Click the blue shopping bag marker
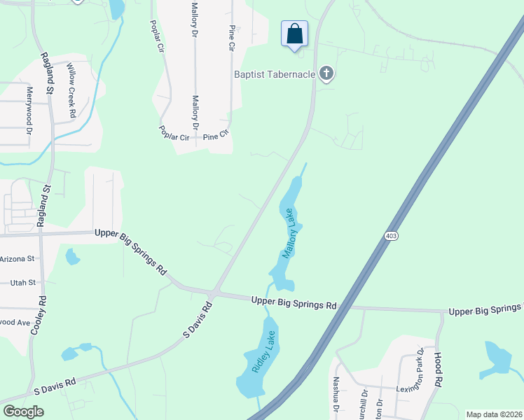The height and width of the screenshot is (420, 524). (294, 34)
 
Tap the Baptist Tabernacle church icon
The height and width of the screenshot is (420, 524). (326, 73)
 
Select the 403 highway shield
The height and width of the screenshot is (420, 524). (391, 237)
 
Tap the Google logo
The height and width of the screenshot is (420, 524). (23, 411)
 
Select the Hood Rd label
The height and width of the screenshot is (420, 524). (439, 370)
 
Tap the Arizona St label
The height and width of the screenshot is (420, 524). (17, 259)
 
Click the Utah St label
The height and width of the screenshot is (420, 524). (23, 283)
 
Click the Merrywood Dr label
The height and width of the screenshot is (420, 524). (30, 110)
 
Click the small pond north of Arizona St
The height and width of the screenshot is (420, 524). (72, 257)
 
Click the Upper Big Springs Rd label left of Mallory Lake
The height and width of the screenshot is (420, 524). (132, 251)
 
